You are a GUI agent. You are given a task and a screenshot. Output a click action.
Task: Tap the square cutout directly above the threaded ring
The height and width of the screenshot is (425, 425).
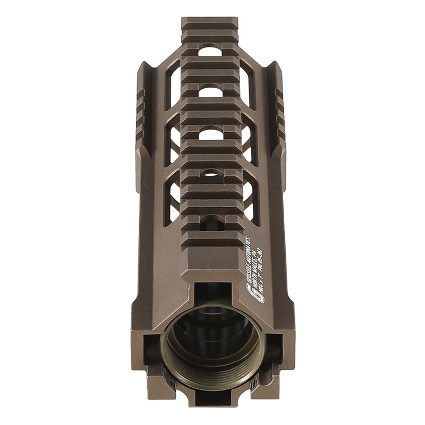pos(212,295)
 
